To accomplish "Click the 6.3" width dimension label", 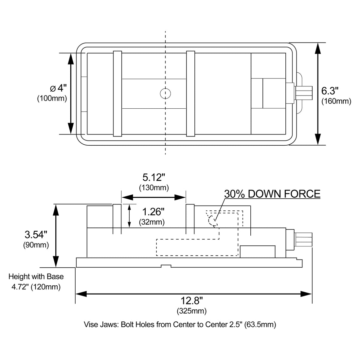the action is pos(330,91).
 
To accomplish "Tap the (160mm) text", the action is pos(336,101).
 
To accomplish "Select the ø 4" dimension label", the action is pos(58,88).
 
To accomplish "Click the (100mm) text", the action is pos(52,98).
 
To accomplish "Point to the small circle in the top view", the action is pos(165,94).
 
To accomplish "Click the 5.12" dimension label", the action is pos(154,177).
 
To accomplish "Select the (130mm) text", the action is pos(154,188).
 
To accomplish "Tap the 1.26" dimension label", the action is pos(153,212).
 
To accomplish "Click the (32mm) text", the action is pos(152,222).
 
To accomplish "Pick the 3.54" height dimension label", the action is pos(36,235).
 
